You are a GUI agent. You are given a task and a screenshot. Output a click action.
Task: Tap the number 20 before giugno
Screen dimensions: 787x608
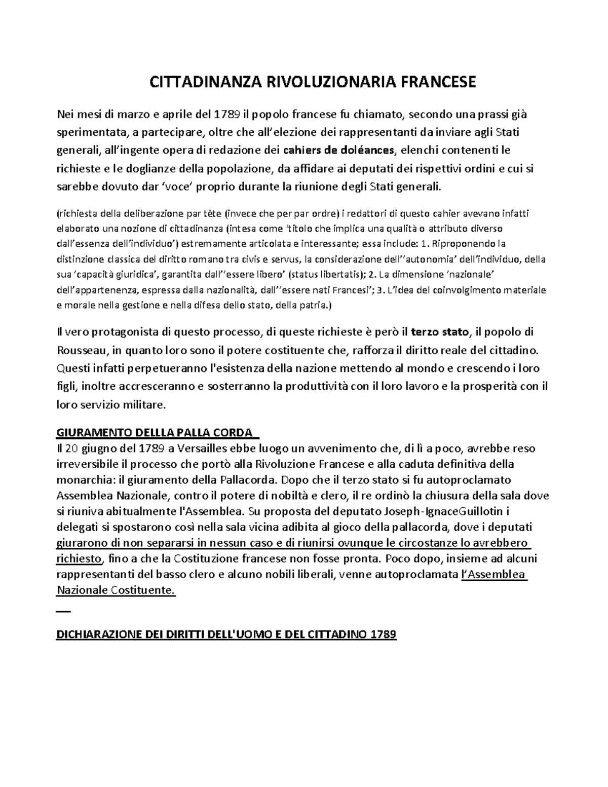click(x=73, y=448)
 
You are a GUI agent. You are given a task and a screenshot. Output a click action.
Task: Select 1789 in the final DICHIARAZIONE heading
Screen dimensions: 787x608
click(x=383, y=634)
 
